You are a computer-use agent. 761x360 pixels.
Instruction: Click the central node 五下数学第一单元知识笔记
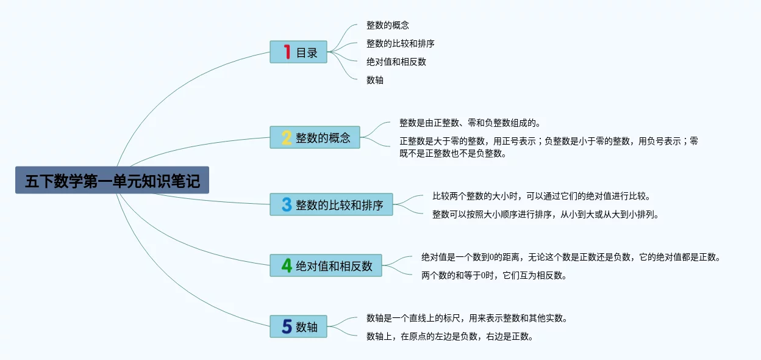click(x=112, y=180)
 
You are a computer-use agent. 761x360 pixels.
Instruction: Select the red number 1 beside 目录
click(x=287, y=52)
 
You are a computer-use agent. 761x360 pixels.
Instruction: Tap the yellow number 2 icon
click(x=287, y=138)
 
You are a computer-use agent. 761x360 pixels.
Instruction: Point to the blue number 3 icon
click(x=287, y=204)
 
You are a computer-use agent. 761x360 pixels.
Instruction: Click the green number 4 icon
click(x=287, y=265)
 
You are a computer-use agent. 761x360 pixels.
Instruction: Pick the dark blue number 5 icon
click(x=287, y=326)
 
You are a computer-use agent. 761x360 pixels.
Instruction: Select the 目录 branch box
click(x=298, y=52)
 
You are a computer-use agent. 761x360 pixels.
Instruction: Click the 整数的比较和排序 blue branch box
click(x=331, y=204)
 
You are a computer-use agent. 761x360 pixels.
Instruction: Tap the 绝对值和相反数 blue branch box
click(x=326, y=265)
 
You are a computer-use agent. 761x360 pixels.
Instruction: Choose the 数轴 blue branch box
click(x=298, y=326)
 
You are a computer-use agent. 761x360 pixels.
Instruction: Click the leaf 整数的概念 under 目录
click(x=388, y=25)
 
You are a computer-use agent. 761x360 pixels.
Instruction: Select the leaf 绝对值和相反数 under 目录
click(x=396, y=62)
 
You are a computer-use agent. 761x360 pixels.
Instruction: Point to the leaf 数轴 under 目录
click(x=375, y=80)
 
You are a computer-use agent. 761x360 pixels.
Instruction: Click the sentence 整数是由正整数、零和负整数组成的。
click(x=470, y=123)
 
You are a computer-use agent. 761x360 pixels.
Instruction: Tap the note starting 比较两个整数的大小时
click(x=541, y=196)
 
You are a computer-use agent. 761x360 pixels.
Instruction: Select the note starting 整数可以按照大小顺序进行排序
click(x=546, y=215)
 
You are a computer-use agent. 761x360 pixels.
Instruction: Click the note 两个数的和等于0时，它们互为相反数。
click(x=495, y=275)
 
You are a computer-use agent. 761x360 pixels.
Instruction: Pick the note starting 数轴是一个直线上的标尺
click(x=467, y=318)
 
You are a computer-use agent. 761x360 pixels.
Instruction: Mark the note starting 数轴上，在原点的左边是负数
click(x=450, y=337)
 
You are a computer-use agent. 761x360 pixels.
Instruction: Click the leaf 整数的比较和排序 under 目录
click(x=401, y=43)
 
